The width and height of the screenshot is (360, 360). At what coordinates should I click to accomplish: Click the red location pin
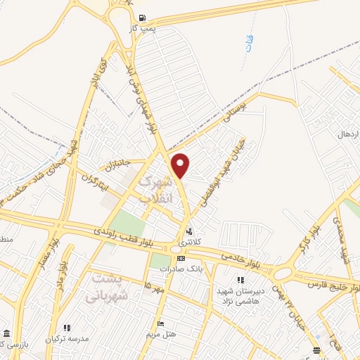[181, 165]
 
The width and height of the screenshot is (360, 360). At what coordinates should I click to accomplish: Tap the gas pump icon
[143, 18]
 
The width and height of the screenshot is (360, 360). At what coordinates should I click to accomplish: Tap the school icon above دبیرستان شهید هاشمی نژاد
[241, 281]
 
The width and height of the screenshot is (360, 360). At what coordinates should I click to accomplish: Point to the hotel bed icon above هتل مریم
[161, 324]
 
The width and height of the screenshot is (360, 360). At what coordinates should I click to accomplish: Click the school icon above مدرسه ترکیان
[67, 328]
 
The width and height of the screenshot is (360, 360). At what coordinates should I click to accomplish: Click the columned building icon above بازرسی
[6, 333]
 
